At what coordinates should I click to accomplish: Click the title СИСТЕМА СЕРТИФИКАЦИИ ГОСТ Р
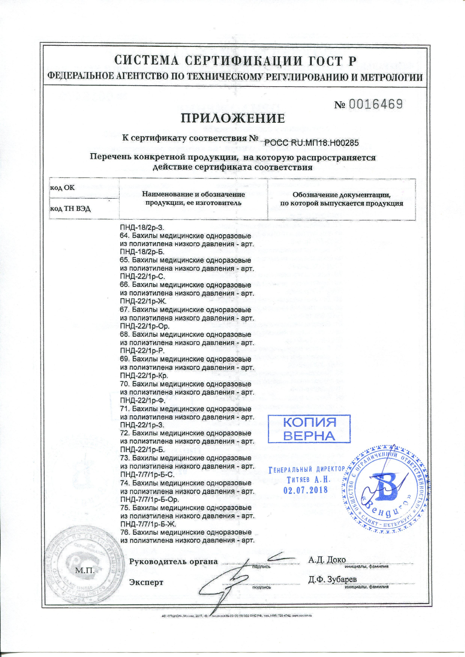click(232, 61)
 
